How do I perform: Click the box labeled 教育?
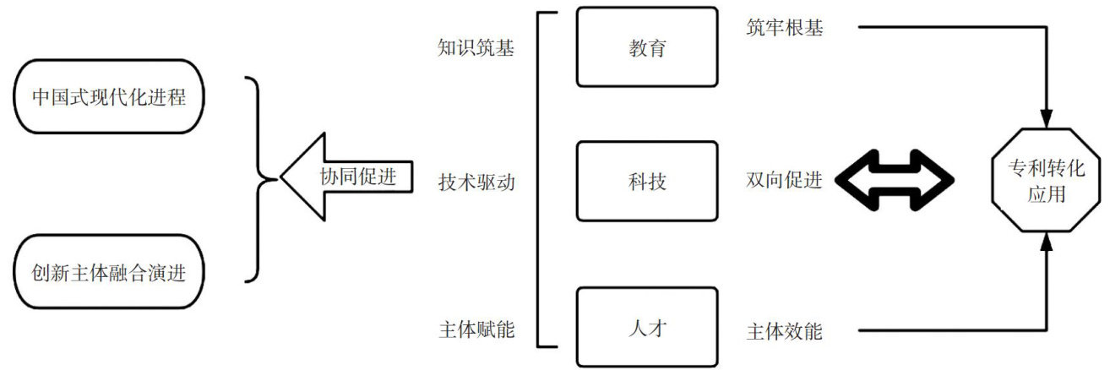pyautogui.click(x=647, y=47)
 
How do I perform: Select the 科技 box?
pyautogui.click(x=647, y=180)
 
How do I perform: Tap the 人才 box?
pyautogui.click(x=647, y=327)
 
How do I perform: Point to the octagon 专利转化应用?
pyautogui.click(x=1047, y=182)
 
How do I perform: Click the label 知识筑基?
pyautogui.click(x=476, y=47)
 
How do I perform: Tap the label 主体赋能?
pyautogui.click(x=476, y=329)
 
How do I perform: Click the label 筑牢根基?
pyautogui.click(x=784, y=28)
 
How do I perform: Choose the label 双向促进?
pyautogui.click(x=784, y=181)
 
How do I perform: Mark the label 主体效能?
pyautogui.click(x=784, y=331)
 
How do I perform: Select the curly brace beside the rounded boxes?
pyautogui.click(x=258, y=179)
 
